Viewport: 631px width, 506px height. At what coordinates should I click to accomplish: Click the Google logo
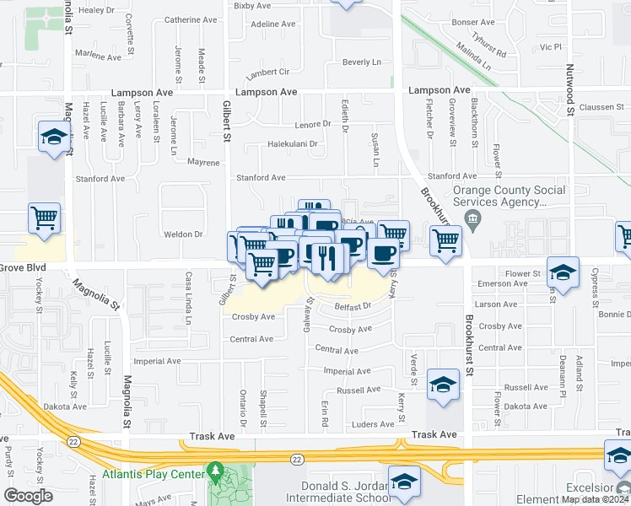[x=28, y=495]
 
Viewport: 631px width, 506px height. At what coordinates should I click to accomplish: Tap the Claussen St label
[x=603, y=107]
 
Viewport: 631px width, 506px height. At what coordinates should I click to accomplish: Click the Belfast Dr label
[x=353, y=306]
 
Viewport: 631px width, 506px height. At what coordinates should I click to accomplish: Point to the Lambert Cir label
[x=268, y=73]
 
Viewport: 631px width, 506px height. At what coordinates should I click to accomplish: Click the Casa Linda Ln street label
[x=189, y=298]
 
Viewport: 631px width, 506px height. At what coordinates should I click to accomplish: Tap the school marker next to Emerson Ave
[x=563, y=272]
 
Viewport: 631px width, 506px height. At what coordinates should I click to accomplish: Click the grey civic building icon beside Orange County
[x=472, y=222]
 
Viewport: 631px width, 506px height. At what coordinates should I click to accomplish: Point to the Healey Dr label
[x=95, y=10]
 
